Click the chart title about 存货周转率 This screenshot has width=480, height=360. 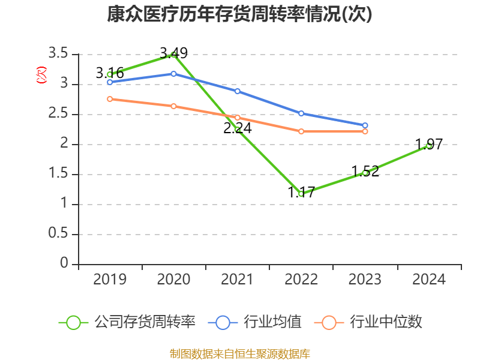click(x=240, y=14)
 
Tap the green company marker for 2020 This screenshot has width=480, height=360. click(x=173, y=54)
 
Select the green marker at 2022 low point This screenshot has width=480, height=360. click(x=301, y=194)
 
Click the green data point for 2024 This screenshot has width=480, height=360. click(x=428, y=145)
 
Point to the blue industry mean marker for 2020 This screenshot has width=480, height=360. click(x=173, y=74)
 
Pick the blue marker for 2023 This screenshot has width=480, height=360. click(x=365, y=125)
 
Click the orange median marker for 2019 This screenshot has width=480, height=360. click(x=110, y=99)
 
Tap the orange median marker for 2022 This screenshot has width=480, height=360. click(x=301, y=131)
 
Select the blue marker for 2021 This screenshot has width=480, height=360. click(x=238, y=91)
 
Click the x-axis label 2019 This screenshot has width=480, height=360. click(x=110, y=280)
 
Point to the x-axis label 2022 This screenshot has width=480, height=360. click(x=301, y=280)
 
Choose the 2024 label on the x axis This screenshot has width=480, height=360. click(x=428, y=280)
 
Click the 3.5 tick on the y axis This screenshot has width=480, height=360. click(x=58, y=54)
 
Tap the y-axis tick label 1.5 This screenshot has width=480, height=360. click(x=58, y=174)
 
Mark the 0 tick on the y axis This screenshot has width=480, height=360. click(x=64, y=264)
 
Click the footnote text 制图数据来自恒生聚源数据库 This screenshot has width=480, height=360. click(x=240, y=353)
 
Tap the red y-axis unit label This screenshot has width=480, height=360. click(x=41, y=76)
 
